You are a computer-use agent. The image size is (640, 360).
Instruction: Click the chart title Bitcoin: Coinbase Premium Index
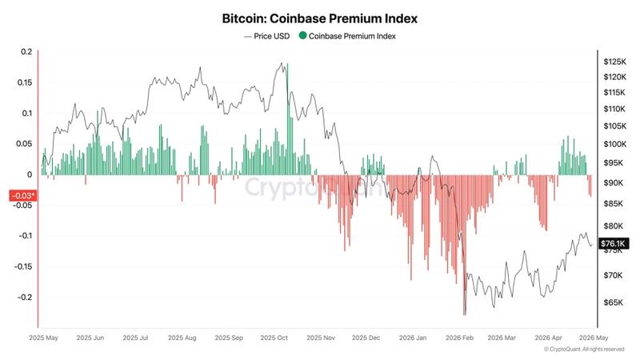coord(319,17)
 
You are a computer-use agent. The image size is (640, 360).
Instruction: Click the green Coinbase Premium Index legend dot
coord(302,36)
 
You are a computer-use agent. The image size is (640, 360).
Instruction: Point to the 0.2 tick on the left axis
coord(26,52)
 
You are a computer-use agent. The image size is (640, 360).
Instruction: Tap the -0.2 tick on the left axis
coord(24,297)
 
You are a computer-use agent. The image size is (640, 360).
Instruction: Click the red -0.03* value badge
coord(22,195)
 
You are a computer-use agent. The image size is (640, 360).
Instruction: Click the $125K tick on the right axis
coord(614,62)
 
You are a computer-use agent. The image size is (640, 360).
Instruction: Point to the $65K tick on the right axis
coord(613,302)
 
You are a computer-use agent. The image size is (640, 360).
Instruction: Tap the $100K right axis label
coord(614,144)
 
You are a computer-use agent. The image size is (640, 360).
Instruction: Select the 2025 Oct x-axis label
coord(274,338)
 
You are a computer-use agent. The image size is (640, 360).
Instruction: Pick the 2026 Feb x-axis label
coord(461,338)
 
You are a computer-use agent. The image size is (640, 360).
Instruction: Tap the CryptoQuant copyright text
coord(583,350)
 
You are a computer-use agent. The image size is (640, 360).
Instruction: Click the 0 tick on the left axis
coord(30,174)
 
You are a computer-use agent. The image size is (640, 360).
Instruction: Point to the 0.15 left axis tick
coord(24,82)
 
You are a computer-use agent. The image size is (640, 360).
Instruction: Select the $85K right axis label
coord(613,203)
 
